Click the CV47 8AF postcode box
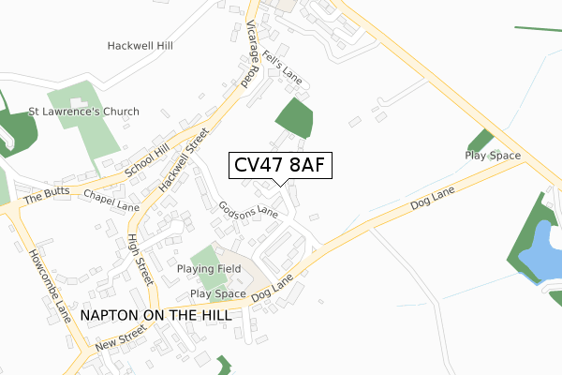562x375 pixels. (280, 166)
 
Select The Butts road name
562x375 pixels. (47, 199)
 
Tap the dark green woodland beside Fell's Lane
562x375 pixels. (294, 118)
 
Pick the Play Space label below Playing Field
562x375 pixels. (217, 293)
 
